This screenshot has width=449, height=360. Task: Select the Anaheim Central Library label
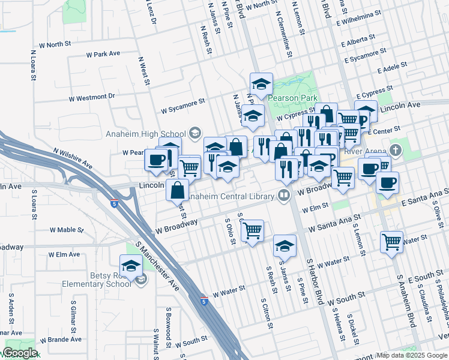(232, 195)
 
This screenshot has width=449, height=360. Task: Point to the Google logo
(19, 353)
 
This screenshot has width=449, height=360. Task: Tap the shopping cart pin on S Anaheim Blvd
(391, 242)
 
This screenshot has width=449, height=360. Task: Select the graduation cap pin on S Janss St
(285, 246)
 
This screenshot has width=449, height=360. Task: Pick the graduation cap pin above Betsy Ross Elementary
(131, 265)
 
